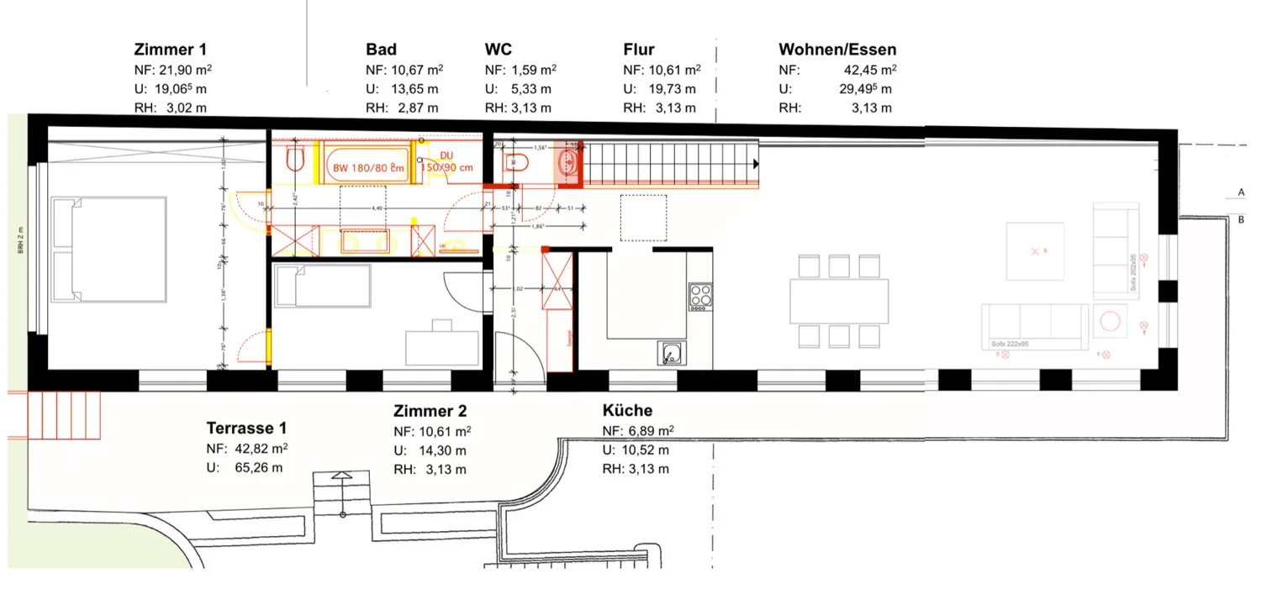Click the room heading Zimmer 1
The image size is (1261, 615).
(x=170, y=50)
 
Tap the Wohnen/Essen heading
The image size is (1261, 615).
(x=837, y=50)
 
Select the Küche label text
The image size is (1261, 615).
(x=627, y=411)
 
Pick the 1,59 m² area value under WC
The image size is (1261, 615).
(x=533, y=71)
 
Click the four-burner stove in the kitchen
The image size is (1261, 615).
(x=700, y=296)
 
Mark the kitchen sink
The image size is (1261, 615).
(x=670, y=354)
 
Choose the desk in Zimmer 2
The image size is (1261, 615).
(x=442, y=344)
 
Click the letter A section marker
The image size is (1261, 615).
(x=1241, y=192)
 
